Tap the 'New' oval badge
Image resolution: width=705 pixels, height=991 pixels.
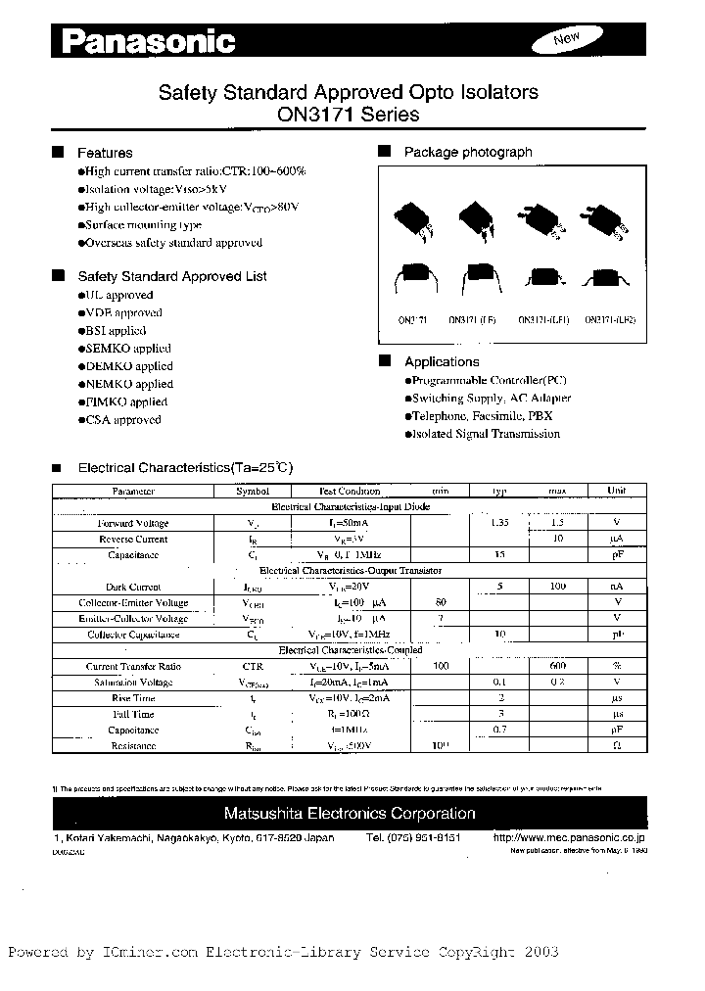click(x=567, y=39)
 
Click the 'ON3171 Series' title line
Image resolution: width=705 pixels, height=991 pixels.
click(x=348, y=115)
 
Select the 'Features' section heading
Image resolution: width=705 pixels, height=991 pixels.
click(x=105, y=153)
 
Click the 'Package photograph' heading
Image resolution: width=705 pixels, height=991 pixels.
click(x=468, y=152)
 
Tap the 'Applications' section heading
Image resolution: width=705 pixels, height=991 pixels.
click(x=442, y=361)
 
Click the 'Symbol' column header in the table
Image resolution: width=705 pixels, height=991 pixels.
click(x=254, y=491)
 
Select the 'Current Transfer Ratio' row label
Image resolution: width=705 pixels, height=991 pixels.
click(x=133, y=666)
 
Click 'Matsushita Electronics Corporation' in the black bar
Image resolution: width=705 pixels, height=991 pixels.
click(x=350, y=814)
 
